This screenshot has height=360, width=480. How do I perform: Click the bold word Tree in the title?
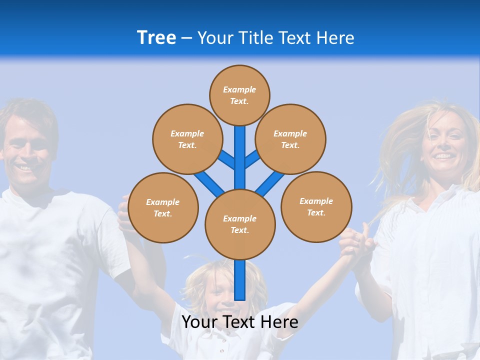pos(156,38)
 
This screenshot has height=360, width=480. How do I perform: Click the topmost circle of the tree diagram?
pos(239,95)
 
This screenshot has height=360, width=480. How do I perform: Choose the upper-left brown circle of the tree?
pos(187,139)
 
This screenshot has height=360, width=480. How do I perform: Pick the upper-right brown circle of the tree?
pos(290,139)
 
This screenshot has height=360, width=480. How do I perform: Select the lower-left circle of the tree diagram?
pos(163,207)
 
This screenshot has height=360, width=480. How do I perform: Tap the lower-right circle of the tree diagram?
pos(316,206)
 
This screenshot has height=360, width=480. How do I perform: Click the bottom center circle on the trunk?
pos(240,224)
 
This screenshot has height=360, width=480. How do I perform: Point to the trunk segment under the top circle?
pos(240,150)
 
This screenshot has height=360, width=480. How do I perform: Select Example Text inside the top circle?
pos(239,95)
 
